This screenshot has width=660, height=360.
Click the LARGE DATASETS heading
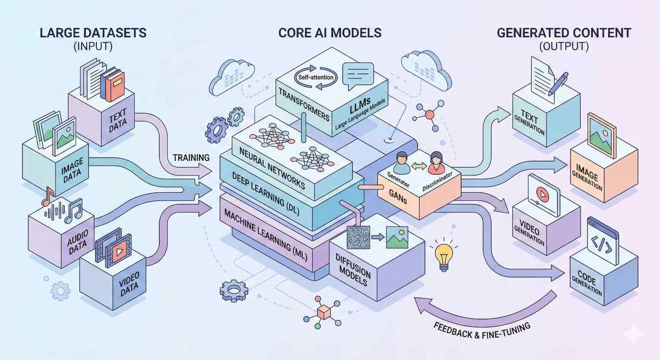93,33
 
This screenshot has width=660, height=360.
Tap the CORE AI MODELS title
330,33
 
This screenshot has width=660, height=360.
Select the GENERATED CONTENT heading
564,33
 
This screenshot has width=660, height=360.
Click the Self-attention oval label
315,77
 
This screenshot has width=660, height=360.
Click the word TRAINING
191,158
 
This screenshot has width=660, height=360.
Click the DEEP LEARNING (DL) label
266,194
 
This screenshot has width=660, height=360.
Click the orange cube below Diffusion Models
324,313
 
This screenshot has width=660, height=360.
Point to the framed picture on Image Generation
602,134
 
